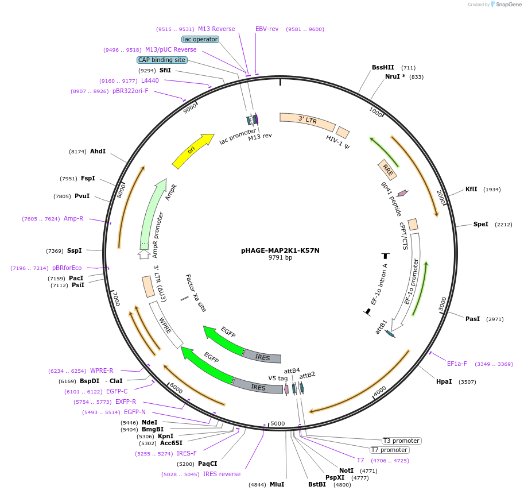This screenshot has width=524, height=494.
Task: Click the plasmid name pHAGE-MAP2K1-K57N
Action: (x=280, y=250)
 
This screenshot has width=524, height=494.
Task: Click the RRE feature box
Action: (x=388, y=169)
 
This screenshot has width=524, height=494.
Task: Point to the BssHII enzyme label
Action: (x=383, y=67)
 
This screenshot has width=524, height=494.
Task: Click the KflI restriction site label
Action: (x=471, y=190)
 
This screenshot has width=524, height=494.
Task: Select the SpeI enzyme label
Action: (x=481, y=224)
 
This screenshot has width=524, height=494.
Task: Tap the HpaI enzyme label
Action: (x=444, y=381)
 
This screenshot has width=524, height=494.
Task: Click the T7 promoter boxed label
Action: (x=389, y=450)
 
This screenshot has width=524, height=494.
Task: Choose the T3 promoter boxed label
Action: (x=402, y=441)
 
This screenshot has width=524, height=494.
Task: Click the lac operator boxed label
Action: (x=200, y=39)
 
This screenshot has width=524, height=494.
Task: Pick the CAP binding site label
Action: (x=162, y=60)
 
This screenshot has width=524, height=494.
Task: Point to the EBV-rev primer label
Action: (x=267, y=29)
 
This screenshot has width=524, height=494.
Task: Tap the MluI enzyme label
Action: (x=277, y=484)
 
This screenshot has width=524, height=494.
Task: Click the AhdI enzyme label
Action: (x=98, y=151)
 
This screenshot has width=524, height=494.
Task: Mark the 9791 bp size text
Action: (x=280, y=258)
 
